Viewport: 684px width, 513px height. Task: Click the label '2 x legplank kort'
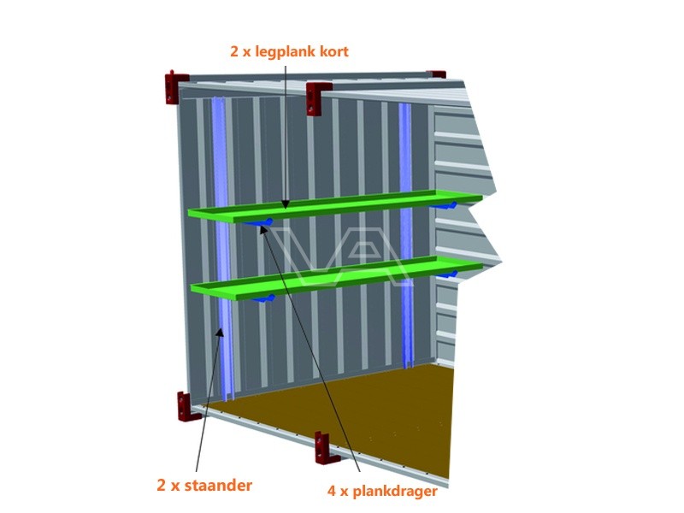click(289, 51)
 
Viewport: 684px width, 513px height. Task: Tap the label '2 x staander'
click(204, 485)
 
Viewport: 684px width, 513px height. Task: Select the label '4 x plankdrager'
click(382, 491)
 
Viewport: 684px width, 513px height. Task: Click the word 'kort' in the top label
click(334, 51)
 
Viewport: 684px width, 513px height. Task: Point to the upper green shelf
click(335, 205)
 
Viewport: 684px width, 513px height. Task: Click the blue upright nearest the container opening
click(223, 249)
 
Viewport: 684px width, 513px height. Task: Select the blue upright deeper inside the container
click(405, 236)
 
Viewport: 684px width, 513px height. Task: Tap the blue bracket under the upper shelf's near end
click(260, 223)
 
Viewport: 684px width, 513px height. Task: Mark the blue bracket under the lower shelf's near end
click(263, 298)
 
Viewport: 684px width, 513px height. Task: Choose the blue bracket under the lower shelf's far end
click(446, 274)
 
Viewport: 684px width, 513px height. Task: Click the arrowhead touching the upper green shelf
click(286, 203)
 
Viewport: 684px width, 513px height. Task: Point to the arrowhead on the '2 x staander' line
click(221, 333)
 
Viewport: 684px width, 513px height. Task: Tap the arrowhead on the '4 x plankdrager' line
click(263, 229)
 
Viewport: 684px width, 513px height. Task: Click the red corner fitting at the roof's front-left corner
click(175, 88)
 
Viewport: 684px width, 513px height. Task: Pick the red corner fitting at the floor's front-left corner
click(186, 406)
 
